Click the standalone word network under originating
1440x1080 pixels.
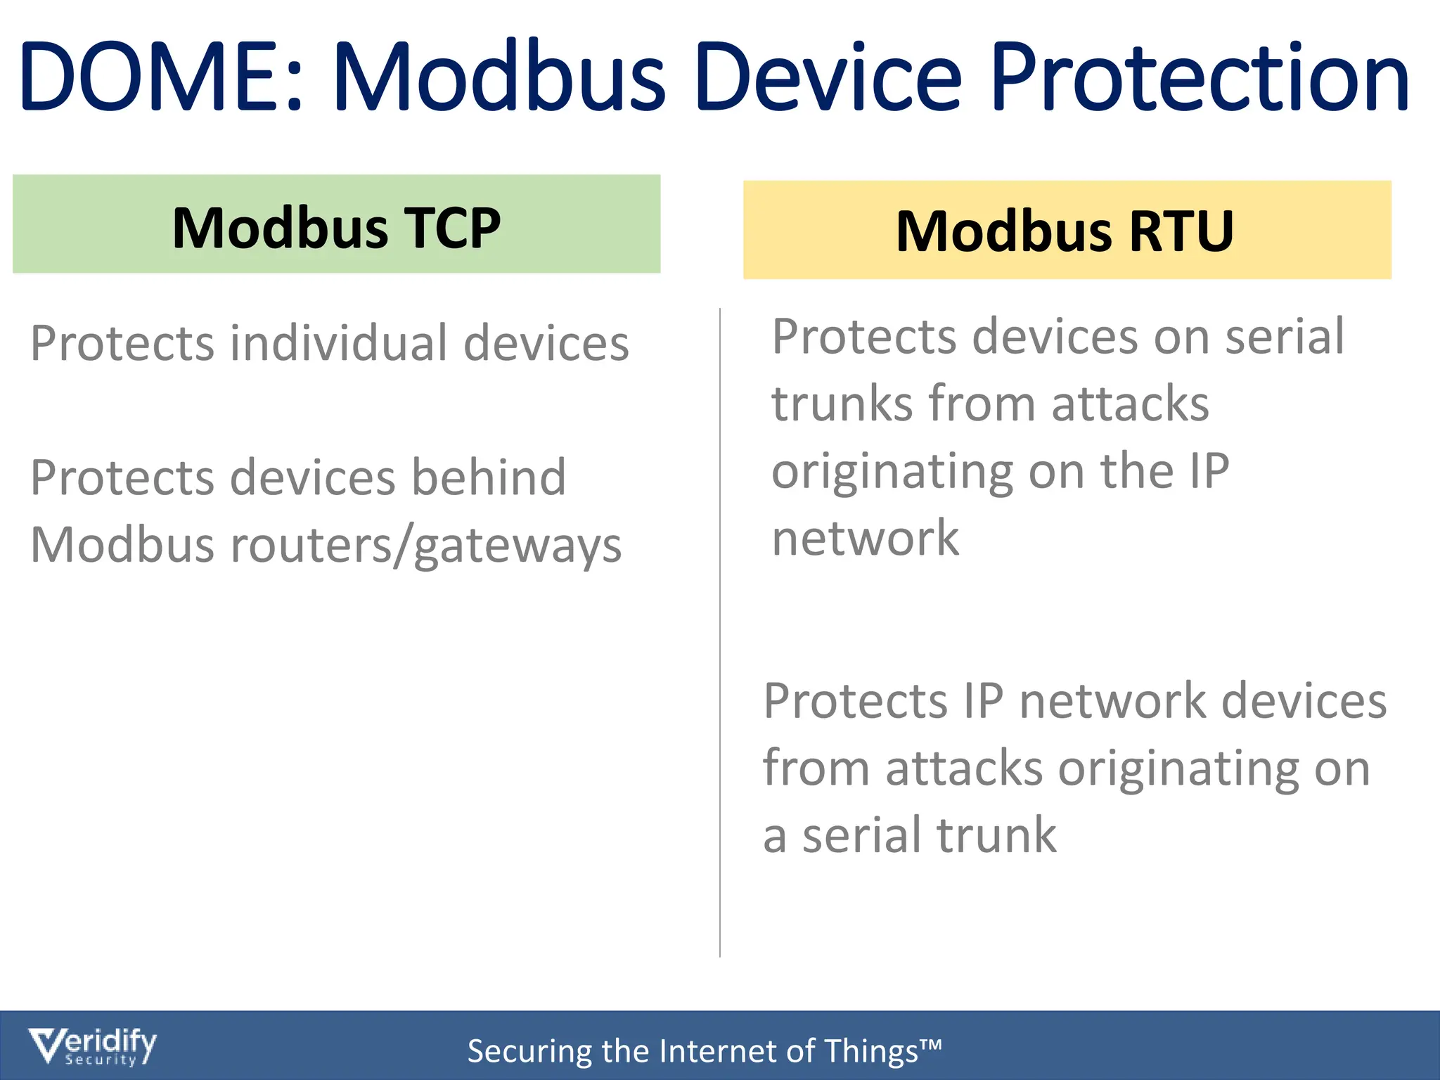[x=865, y=539]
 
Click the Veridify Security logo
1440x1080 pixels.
[x=92, y=1047]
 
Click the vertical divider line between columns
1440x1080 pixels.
[x=720, y=633]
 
